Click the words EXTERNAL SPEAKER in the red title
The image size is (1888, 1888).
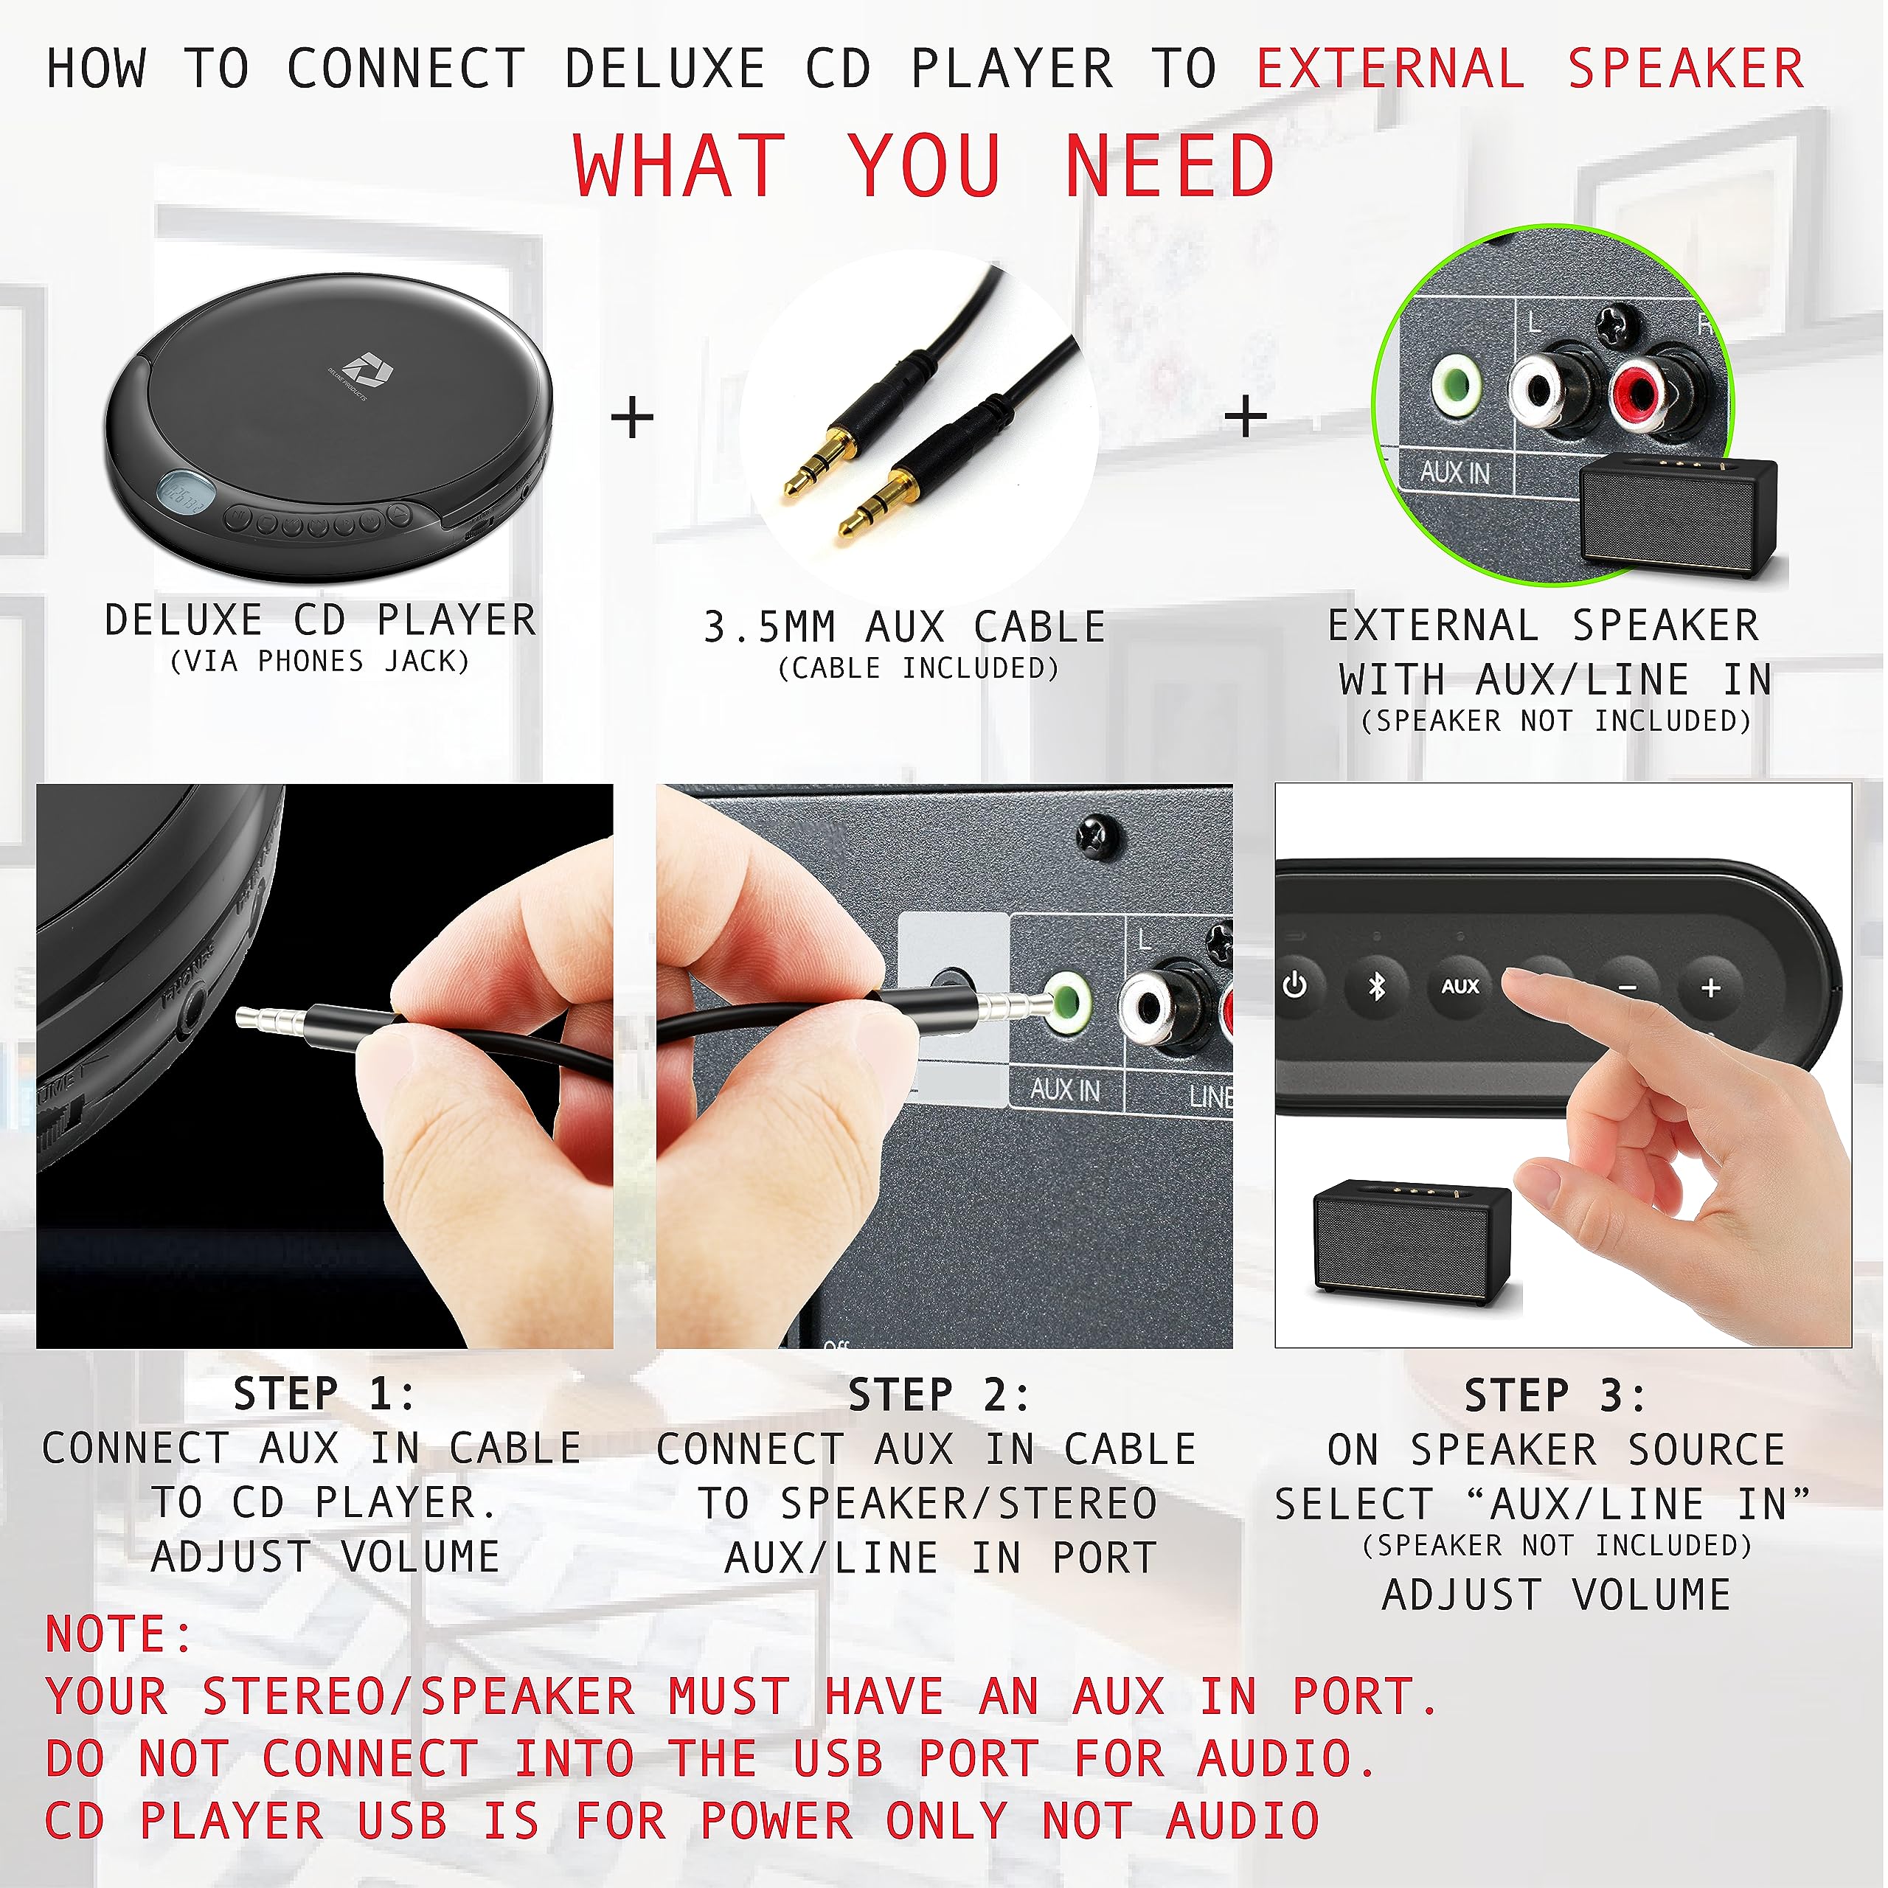tap(1530, 69)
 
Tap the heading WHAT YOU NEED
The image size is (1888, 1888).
tap(923, 166)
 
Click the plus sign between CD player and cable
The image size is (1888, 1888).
tap(632, 418)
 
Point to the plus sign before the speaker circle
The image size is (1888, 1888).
tap(1245, 418)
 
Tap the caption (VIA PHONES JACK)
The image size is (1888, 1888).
tap(319, 662)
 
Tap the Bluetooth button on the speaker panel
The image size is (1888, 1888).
tap(1377, 986)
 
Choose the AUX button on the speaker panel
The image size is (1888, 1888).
tap(1460, 986)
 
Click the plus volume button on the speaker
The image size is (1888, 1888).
tap(1710, 988)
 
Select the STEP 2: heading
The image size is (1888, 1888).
tap(939, 1395)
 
